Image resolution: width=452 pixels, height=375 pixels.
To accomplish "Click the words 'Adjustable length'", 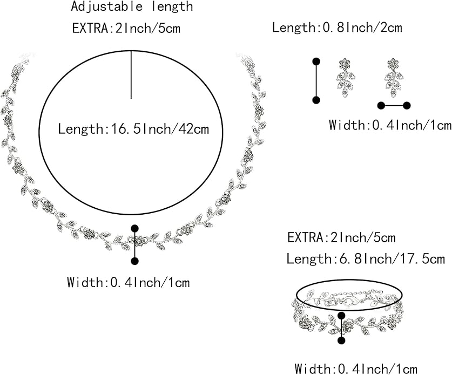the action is pos(132,6).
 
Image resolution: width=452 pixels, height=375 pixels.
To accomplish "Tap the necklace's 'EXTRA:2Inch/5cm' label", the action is pos(126,28).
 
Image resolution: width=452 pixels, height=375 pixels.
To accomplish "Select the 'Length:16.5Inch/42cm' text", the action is pos(133,128).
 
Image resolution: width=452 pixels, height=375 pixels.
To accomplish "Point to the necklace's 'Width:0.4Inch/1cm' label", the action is pos(129,282).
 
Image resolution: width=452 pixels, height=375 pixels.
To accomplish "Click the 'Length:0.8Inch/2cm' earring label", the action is pos(337,28).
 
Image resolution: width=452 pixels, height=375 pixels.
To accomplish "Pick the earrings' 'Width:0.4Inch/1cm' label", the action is pos(390,125).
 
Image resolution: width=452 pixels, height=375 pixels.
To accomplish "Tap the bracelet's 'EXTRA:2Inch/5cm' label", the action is pos(342,238).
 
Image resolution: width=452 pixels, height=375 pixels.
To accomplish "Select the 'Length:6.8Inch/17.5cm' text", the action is pos(366,258).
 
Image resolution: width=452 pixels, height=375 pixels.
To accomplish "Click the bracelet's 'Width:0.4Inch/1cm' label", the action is pos(356,369).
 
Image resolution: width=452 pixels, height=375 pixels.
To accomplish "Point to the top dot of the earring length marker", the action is pos(316,62).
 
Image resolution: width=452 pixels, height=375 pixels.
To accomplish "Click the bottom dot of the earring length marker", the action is pos(316,100).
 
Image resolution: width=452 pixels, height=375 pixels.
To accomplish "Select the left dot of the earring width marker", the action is pos(381,106).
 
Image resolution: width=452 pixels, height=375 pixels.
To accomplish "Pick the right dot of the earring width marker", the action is pos(407,106).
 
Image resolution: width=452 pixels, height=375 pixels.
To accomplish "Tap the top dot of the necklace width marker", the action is pos(134,228).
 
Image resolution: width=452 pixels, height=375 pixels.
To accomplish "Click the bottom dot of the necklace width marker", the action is pos(134,261).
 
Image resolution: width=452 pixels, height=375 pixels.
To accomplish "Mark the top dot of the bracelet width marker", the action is pos(342,316).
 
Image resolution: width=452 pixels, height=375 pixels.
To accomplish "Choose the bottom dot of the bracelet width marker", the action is pos(342,340).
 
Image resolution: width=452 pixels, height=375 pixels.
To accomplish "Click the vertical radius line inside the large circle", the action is pos(131,74).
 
